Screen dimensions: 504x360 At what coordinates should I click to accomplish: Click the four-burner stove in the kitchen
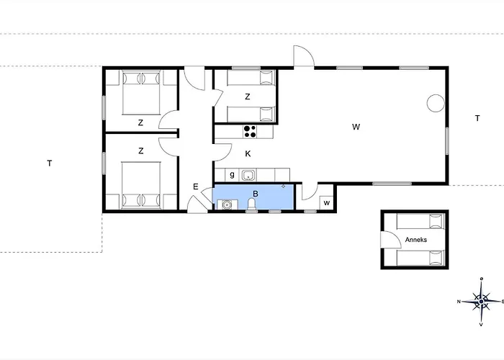[x=250, y=132]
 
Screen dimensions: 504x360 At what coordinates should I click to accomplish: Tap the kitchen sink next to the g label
[x=248, y=176]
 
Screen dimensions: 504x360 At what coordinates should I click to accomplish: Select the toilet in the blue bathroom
[x=252, y=204]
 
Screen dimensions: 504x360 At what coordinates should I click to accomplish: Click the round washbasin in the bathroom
[x=226, y=204]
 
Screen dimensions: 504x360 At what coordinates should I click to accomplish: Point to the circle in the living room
[x=436, y=103]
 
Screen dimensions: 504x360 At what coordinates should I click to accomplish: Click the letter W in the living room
[x=356, y=127]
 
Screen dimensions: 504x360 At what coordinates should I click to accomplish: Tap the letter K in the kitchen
[x=248, y=154]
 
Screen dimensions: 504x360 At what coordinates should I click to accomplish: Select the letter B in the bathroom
[x=256, y=194]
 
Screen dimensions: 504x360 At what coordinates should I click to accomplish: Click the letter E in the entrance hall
[x=195, y=186]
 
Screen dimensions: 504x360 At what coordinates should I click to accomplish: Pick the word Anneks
[x=416, y=240]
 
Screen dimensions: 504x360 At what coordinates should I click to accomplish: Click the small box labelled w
[x=327, y=203]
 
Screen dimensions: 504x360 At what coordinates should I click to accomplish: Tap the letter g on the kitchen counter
[x=232, y=175]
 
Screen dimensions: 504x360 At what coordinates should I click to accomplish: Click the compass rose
[x=481, y=302]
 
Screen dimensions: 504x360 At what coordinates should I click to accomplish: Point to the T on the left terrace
[x=50, y=163]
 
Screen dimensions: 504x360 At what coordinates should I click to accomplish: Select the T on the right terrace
[x=477, y=118]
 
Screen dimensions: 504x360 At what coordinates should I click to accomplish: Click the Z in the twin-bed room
[x=247, y=96]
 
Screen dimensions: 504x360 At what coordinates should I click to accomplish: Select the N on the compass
[x=459, y=302]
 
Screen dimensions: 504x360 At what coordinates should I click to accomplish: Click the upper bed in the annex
[x=420, y=221]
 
